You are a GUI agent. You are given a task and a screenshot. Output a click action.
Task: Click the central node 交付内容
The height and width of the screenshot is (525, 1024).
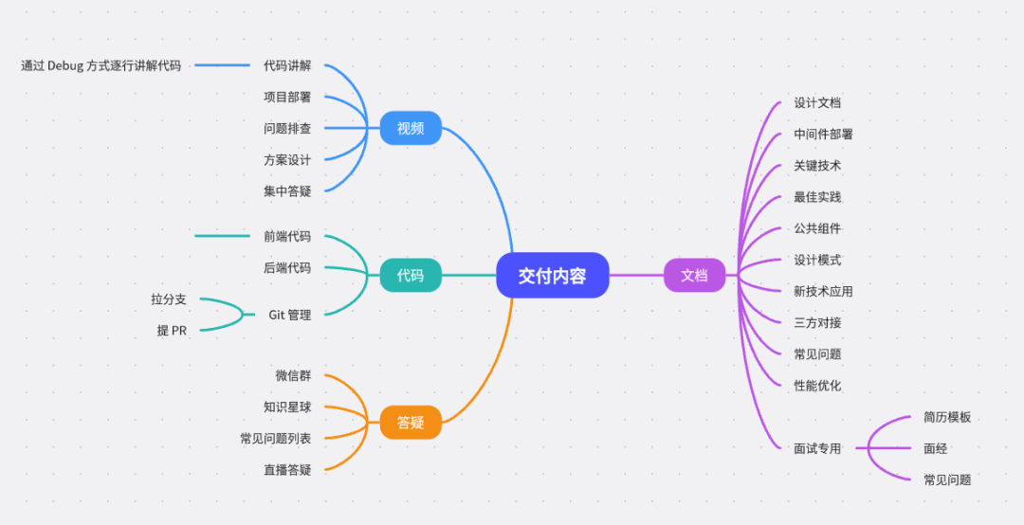552,276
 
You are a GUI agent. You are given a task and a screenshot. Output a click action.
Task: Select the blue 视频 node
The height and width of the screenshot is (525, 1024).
411,128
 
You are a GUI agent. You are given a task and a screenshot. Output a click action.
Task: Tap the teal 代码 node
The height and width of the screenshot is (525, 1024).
411,276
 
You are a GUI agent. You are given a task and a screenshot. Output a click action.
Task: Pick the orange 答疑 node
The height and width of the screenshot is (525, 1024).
411,423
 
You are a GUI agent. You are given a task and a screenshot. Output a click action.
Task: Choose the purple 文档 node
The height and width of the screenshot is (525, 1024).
694,276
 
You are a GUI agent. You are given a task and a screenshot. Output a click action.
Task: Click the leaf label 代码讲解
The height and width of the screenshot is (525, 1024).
287,66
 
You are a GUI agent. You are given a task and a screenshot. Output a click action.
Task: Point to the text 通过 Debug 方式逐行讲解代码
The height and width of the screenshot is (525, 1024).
101,66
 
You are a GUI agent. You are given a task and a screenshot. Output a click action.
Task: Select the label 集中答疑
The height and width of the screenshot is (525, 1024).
287,191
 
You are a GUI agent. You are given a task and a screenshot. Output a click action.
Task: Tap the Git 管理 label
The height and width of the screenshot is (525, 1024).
289,315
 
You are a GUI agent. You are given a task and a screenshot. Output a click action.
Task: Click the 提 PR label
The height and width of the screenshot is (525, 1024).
172,331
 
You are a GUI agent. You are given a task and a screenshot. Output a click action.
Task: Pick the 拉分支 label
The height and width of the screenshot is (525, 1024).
169,299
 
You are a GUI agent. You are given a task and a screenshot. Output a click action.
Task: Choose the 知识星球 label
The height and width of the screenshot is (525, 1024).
287,407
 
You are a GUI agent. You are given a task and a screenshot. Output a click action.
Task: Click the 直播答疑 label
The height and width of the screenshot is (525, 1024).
287,470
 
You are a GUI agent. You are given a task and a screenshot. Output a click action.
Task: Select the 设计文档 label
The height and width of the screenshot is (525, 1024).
817,103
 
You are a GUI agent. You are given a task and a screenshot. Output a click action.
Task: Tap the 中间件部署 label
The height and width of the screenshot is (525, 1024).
823,135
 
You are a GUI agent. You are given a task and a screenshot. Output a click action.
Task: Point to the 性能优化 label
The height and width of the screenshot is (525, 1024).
817,386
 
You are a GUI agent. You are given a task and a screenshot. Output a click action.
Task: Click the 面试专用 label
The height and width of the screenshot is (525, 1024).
817,449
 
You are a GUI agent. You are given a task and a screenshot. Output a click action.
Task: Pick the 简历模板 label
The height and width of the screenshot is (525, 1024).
947,418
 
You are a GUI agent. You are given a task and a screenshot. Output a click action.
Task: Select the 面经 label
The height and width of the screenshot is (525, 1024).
935,449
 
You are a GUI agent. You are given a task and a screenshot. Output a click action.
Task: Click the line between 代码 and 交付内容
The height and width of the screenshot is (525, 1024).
468,276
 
